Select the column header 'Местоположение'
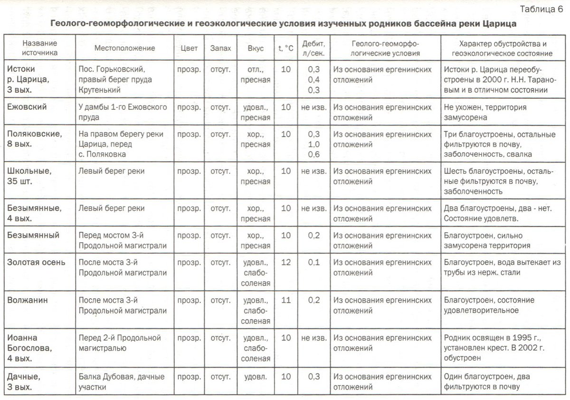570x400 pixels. tap(124, 48)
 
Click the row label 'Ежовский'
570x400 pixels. tap(27, 107)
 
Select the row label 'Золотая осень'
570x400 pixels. tap(36, 262)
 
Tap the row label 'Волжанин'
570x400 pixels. tap(28, 300)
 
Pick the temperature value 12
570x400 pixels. tap(286, 262)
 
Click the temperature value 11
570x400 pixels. tap(286, 300)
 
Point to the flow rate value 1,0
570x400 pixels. tap(314, 144)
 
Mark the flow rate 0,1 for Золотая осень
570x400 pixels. tap(314, 262)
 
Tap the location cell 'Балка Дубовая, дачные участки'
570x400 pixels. tap(122, 381)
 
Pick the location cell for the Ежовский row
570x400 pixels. tap(123, 112)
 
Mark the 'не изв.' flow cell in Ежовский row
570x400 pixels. tap(314, 107)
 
